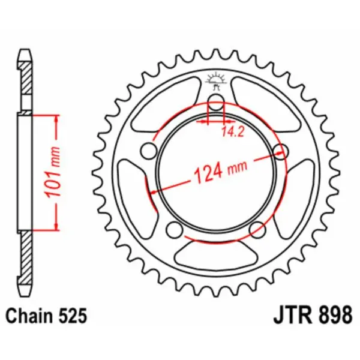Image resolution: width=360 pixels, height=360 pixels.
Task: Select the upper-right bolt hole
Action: (278, 150)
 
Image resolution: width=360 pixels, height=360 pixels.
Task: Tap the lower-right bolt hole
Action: (256, 229)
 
